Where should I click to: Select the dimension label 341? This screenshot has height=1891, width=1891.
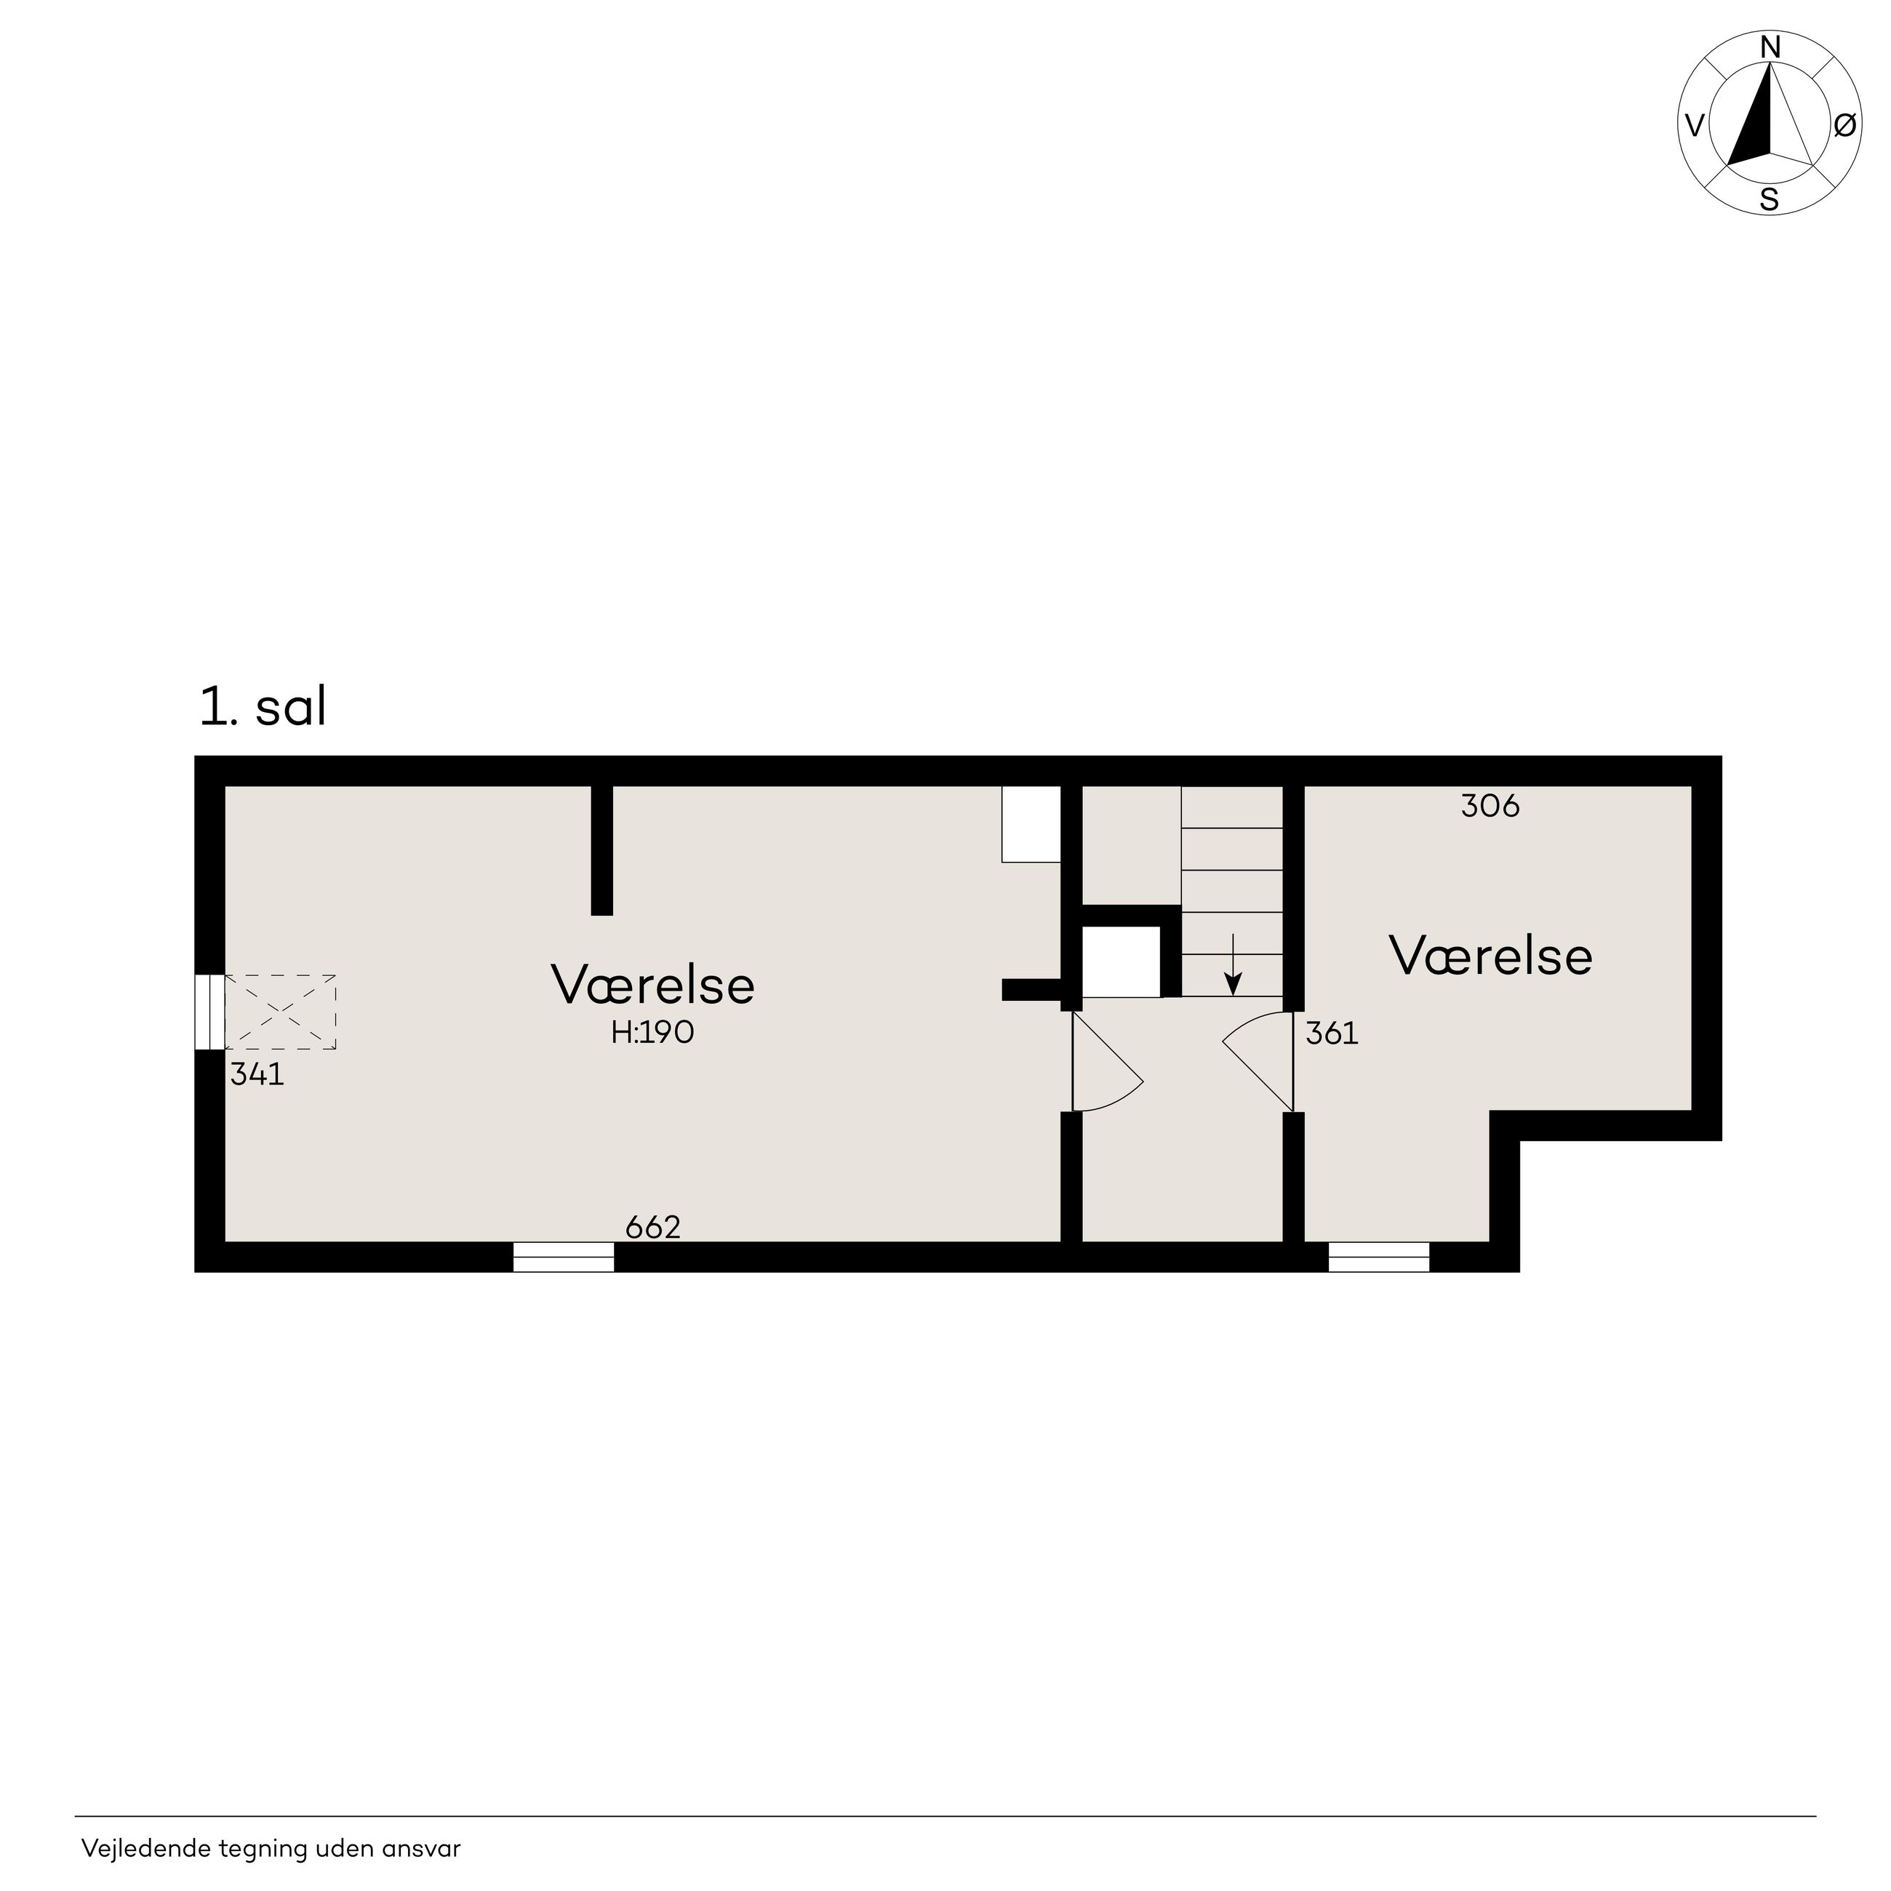pos(257,1075)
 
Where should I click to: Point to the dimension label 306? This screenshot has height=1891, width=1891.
pos(1490,806)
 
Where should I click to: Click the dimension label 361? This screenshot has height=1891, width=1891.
pos(1332,1034)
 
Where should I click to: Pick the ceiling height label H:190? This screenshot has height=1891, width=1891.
pos(653,1033)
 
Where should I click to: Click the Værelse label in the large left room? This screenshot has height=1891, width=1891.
pos(653,985)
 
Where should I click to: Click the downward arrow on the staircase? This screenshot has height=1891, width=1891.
pos(1234,964)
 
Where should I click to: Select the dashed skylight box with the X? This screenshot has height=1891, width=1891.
pos(281,1012)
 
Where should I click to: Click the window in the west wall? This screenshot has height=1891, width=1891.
pos(209,1012)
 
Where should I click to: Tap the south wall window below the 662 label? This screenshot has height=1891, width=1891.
pos(564,1257)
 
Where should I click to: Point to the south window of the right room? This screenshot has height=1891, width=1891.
pos(1378,1257)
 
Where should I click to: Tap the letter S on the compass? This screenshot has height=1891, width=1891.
pos(1770,200)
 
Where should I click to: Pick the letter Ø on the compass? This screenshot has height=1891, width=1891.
pos(1844,124)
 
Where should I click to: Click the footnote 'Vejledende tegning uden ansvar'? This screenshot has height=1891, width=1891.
pos(271,1848)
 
